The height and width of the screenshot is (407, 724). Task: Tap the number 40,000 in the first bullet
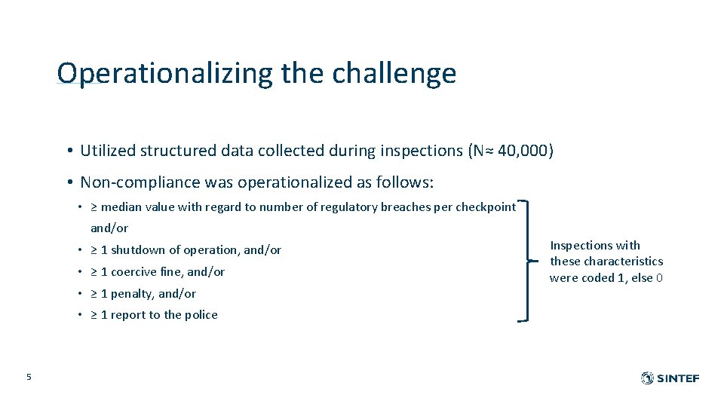[526, 151]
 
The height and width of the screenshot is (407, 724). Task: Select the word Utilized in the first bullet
[108, 151]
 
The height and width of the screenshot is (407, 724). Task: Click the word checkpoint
[488, 207]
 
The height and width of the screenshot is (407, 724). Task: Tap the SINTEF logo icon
[647, 378]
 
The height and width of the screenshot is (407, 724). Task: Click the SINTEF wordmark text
[678, 378]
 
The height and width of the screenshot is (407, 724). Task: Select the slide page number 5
[29, 377]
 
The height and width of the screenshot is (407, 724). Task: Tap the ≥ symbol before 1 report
[94, 315]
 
